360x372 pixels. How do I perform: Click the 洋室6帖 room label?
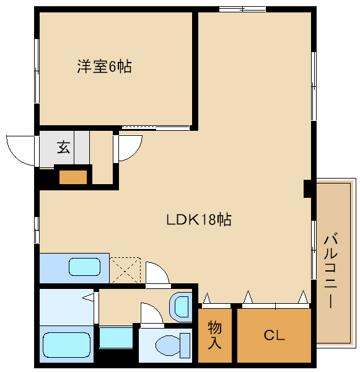(104, 66)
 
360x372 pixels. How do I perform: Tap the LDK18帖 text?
(199, 219)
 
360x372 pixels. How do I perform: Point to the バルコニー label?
(331, 270)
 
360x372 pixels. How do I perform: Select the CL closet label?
(274, 335)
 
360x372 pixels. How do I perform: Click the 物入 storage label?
(214, 335)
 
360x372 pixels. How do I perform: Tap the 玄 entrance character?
(64, 147)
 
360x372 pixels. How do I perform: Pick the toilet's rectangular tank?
(185, 345)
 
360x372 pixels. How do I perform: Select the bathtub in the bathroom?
(67, 345)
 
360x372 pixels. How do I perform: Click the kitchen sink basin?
(84, 267)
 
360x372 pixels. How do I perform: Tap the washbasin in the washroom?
(181, 307)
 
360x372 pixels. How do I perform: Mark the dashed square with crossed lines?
(125, 270)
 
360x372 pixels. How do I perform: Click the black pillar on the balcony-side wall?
(307, 188)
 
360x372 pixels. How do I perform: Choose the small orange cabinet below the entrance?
(73, 177)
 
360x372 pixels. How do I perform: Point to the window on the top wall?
(242, 9)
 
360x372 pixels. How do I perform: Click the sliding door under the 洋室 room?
(156, 128)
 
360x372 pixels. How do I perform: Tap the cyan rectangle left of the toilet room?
(116, 338)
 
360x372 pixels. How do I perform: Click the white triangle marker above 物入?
(207, 298)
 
